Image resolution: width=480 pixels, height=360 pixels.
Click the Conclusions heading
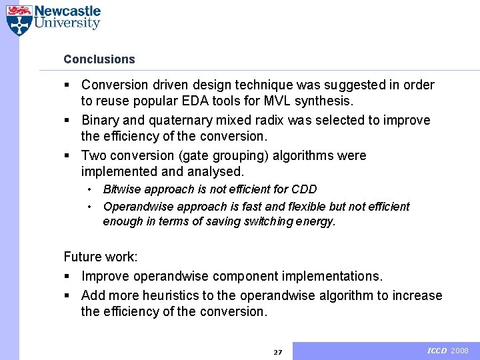(x=99, y=59)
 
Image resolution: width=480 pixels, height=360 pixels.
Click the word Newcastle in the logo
(x=67, y=11)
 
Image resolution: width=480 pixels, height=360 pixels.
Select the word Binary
(x=100, y=120)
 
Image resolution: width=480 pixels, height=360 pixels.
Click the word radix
(x=267, y=120)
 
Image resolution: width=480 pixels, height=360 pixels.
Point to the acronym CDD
(x=303, y=189)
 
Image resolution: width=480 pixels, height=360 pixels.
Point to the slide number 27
(x=278, y=352)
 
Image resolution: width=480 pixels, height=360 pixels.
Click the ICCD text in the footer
(x=437, y=351)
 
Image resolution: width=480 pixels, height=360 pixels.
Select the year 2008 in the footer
(x=460, y=351)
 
